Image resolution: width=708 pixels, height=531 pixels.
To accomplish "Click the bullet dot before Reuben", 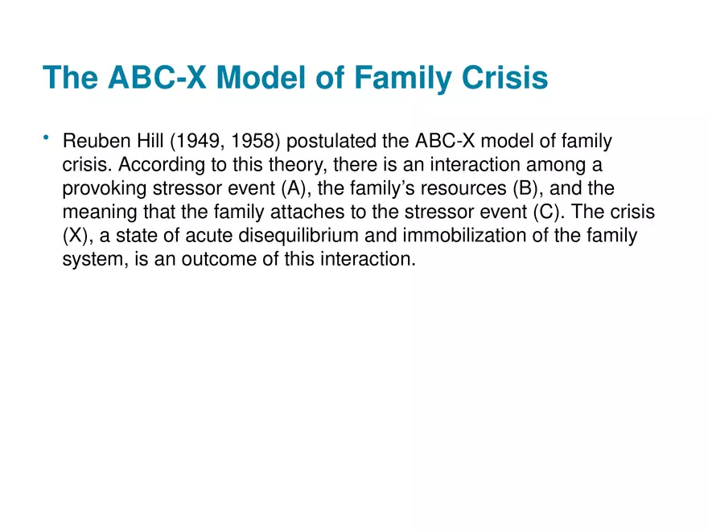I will coord(47,141).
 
